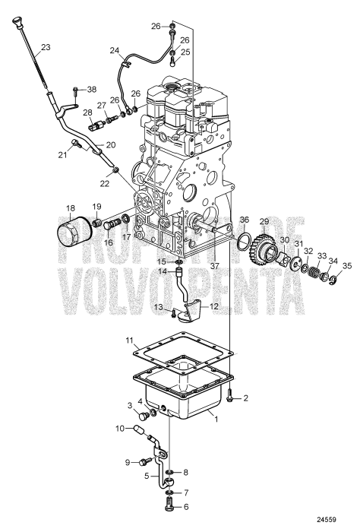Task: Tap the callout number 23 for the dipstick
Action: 46,47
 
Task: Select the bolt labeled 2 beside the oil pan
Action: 230,395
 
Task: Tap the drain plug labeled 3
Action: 142,416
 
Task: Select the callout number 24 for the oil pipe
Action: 115,51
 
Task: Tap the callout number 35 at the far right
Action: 348,266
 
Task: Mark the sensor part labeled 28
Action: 88,124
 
